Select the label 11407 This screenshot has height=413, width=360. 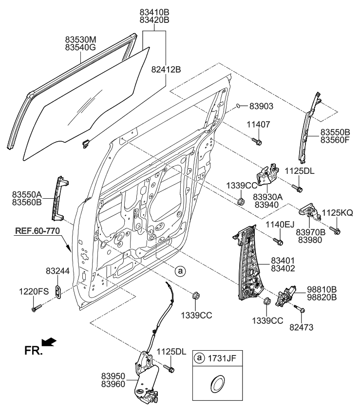[x=260, y=125]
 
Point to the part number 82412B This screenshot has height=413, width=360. [x=166, y=70]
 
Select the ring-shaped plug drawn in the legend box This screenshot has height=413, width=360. [x=218, y=383]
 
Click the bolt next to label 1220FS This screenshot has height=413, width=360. [x=36, y=308]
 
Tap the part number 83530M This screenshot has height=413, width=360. [x=81, y=39]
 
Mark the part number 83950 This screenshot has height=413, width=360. [x=115, y=375]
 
